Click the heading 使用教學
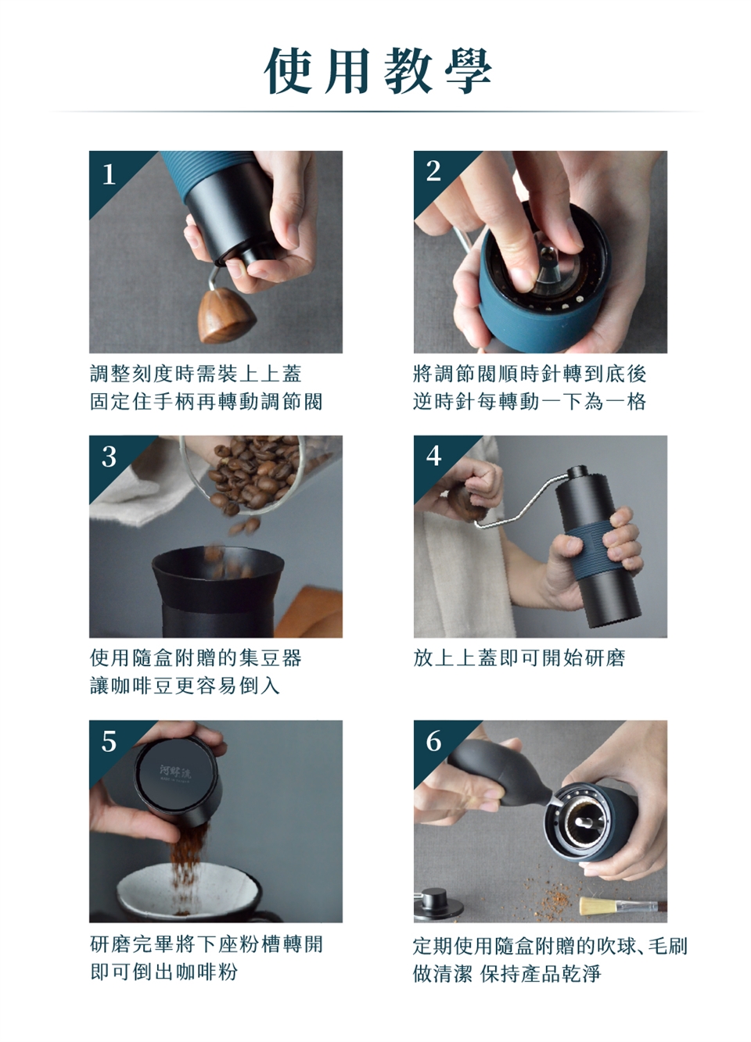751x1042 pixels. coord(378,71)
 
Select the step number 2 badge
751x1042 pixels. coord(433,171)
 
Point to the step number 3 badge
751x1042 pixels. coord(109,457)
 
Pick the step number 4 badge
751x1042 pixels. coord(433,456)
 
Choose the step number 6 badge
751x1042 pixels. coord(433,740)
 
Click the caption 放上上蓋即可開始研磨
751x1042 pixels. coord(519,657)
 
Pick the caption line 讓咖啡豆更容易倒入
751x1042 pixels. coord(185,686)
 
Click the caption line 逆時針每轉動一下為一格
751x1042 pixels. coord(530,401)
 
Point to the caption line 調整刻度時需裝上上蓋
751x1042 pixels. coord(196,374)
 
